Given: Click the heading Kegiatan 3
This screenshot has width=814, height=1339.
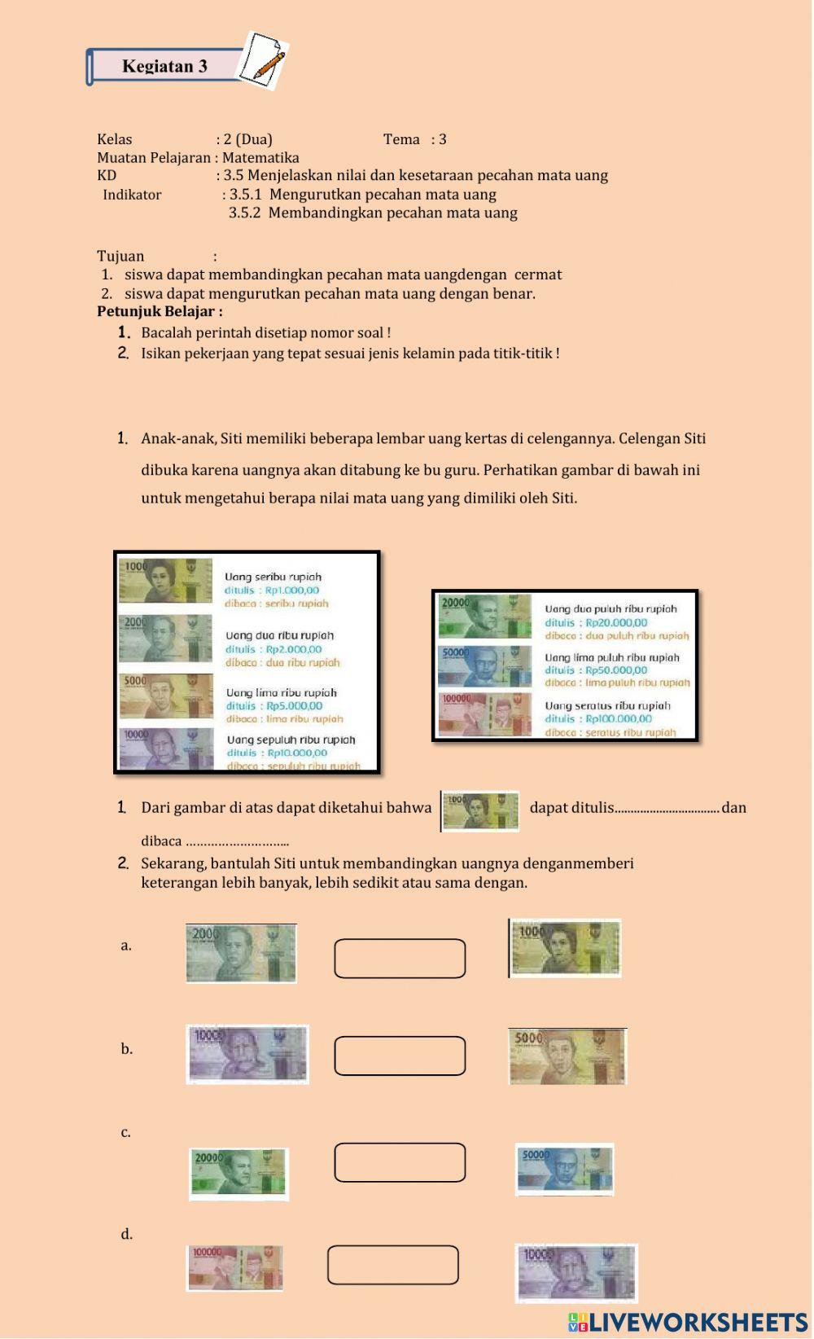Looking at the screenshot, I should [164, 67].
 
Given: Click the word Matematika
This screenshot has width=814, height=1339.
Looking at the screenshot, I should [260, 158].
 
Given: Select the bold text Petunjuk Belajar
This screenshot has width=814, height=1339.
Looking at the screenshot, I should [160, 312].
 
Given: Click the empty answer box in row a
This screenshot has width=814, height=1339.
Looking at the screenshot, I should [400, 959].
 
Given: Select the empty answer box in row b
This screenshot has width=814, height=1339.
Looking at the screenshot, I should [400, 1056].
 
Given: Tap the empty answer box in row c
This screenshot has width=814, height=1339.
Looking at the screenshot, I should [400, 1162].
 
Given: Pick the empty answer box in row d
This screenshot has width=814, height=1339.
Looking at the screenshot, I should [393, 1265].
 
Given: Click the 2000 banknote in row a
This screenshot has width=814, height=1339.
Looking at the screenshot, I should [241, 953].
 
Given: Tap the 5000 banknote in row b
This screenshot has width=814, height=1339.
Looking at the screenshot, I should [567, 1056].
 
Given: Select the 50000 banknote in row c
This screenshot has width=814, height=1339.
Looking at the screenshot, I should [564, 1170].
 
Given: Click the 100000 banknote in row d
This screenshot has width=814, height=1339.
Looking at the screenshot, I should [235, 1268].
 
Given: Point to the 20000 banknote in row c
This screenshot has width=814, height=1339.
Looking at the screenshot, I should [239, 1174].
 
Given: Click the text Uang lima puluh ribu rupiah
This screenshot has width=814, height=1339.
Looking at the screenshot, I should [612, 657].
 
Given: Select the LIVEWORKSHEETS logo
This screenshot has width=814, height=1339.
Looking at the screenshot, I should [688, 1322].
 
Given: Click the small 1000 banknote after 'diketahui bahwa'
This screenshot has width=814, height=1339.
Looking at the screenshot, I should [480, 811].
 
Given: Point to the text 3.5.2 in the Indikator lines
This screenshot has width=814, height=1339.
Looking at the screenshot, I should [243, 213].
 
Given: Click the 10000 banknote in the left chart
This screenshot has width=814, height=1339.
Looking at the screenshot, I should [165, 749].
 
